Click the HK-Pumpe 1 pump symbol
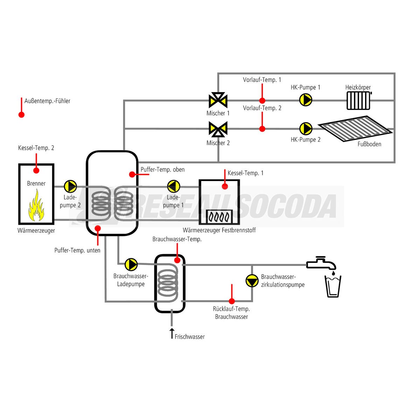[306, 100]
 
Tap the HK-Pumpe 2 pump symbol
[306, 128]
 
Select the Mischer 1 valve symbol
[218, 100]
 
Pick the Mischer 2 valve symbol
[218, 129]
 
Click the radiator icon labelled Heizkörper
[358, 101]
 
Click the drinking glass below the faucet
[333, 286]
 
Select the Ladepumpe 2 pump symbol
[70, 187]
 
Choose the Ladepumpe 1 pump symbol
[173, 187]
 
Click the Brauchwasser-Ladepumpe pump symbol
[131, 265]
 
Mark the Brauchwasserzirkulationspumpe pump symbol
[252, 281]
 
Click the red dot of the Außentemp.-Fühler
[21, 114]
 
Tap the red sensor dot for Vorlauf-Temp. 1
[262, 100]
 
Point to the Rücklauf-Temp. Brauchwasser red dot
[231, 301]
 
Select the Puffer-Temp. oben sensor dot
[132, 174]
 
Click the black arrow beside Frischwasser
[171, 333]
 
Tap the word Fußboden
[369, 144]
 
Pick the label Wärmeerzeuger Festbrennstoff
[219, 230]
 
